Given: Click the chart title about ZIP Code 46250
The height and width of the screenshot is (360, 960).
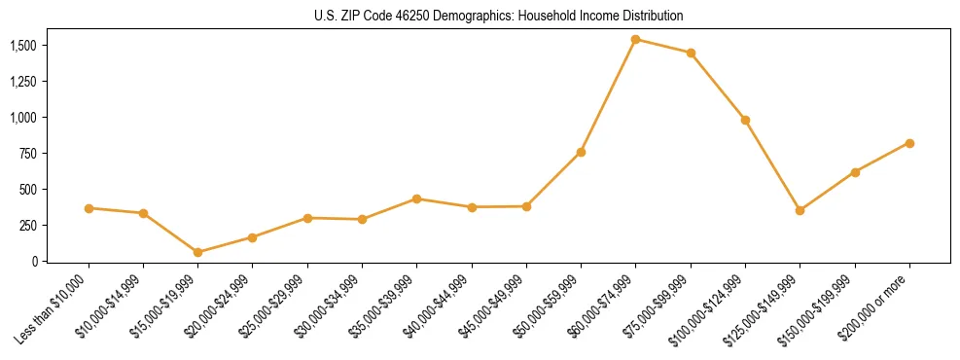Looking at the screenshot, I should [498, 16].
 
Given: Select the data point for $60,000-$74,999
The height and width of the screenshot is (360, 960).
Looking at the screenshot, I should [635, 40].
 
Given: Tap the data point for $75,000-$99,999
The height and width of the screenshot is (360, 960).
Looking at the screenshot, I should [691, 53].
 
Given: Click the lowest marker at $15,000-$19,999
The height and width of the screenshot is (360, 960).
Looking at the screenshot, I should [197, 252].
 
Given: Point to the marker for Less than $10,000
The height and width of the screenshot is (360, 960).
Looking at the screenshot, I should [89, 208].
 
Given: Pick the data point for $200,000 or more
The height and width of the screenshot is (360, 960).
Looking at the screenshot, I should [909, 143].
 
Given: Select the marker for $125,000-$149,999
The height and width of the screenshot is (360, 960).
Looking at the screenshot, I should [800, 210].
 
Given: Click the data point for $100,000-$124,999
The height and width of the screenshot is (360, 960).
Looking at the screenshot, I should [745, 120].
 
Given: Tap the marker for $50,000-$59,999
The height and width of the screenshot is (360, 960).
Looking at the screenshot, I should [581, 152].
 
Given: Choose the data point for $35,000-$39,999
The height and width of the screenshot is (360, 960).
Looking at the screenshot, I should [416, 198].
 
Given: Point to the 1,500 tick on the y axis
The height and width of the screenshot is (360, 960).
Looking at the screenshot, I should [22, 46].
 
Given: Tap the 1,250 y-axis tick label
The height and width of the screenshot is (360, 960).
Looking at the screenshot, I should [22, 82].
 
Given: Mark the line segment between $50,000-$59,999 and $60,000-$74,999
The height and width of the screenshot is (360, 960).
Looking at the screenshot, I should [608, 95].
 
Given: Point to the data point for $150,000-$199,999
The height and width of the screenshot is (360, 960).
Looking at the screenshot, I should [855, 172].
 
